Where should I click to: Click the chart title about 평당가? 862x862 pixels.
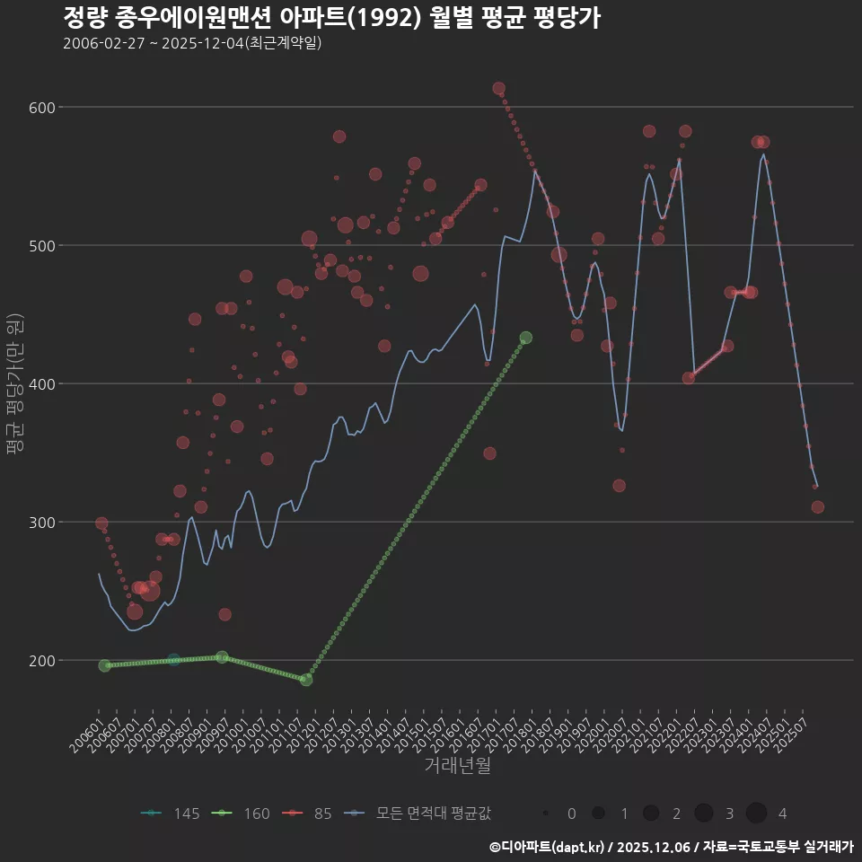(331, 18)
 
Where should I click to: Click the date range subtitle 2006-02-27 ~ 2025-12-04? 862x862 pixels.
(192, 43)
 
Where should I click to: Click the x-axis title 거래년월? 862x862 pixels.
(457, 765)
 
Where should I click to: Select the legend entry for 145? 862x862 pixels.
(171, 814)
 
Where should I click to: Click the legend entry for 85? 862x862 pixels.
(310, 814)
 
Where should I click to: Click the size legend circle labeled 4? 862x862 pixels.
(756, 814)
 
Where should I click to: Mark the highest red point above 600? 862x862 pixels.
(499, 89)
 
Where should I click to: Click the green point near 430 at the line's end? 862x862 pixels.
(526, 338)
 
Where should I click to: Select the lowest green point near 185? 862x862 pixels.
(306, 680)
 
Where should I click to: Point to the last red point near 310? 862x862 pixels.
(817, 506)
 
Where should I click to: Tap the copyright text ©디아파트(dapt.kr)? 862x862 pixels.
(549, 847)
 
